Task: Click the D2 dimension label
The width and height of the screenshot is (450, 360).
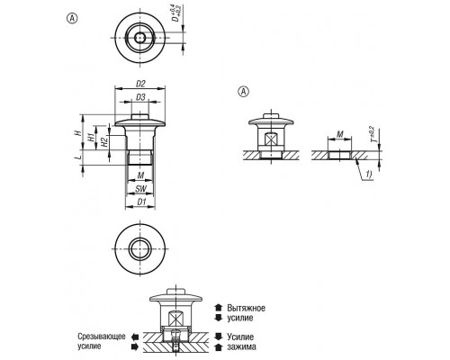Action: (x=140, y=84)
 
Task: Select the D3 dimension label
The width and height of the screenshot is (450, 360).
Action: (x=140, y=97)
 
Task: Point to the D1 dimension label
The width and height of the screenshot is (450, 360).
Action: (x=141, y=202)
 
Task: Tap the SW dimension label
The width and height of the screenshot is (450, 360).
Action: (x=140, y=189)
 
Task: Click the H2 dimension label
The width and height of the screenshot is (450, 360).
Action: (x=103, y=142)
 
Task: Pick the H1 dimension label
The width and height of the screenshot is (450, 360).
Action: (x=91, y=137)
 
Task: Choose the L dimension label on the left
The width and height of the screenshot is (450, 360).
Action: (x=78, y=157)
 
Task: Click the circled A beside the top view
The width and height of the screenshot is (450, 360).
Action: (x=72, y=19)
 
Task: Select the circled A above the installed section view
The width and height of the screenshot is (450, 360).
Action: (x=244, y=92)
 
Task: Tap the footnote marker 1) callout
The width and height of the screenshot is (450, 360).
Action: (x=369, y=174)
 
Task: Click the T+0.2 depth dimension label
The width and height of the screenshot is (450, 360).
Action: (x=373, y=135)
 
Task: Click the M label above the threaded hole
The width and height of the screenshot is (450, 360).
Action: (x=340, y=134)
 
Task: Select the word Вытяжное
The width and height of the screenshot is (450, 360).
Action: (x=246, y=308)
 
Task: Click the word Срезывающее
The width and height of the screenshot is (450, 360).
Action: (x=102, y=337)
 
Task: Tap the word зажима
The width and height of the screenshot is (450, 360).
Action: (x=241, y=347)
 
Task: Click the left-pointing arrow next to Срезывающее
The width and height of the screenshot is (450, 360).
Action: (x=135, y=337)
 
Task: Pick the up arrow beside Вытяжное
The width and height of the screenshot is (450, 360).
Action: (x=219, y=308)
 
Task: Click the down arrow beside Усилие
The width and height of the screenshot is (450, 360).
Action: (x=219, y=337)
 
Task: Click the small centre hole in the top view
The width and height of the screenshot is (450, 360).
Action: (x=140, y=38)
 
